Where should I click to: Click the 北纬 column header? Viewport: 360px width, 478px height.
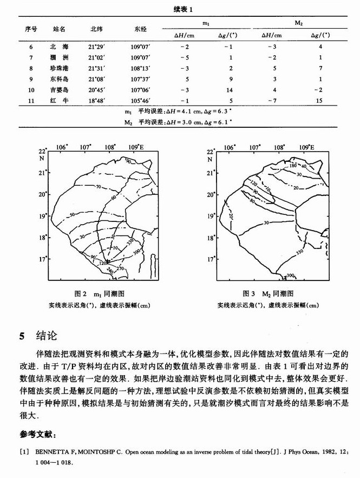96,29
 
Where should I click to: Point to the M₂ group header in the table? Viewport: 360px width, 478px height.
298,23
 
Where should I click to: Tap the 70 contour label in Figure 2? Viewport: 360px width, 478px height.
99,187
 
